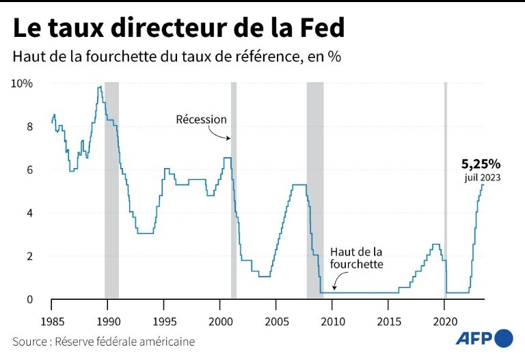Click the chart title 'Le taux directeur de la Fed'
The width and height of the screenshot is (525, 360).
(x=178, y=28)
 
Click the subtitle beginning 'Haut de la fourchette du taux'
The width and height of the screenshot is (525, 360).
(x=176, y=57)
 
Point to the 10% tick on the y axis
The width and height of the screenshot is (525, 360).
(x=22, y=83)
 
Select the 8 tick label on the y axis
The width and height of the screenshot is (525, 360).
(x=29, y=126)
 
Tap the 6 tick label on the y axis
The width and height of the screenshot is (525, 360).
(x=29, y=169)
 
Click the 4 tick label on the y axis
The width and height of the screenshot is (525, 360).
(x=29, y=213)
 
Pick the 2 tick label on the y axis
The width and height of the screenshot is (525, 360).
(x=29, y=256)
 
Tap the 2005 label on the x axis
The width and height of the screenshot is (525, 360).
(x=276, y=321)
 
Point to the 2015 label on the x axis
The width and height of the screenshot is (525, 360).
(x=388, y=321)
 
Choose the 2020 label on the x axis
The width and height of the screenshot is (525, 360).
(x=445, y=321)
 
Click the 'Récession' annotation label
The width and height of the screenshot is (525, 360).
(x=201, y=120)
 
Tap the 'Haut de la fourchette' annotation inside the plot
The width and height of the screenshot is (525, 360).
(x=356, y=258)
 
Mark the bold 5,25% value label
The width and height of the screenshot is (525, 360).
(x=481, y=164)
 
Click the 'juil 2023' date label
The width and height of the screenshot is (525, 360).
(x=483, y=178)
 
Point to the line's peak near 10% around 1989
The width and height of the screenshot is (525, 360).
(x=100, y=87)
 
